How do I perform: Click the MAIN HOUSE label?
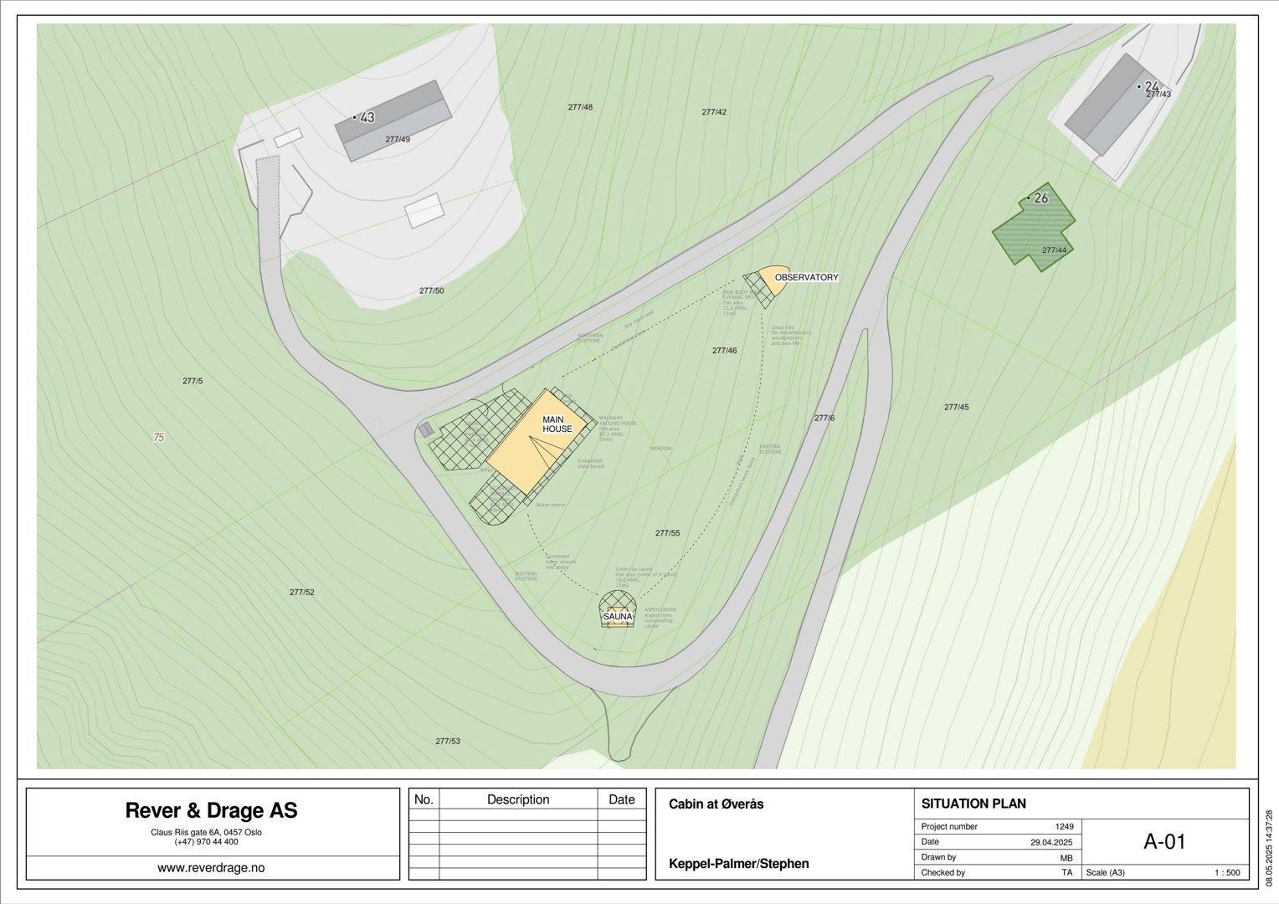(x=557, y=424)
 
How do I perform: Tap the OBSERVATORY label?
(x=806, y=277)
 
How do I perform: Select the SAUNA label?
(x=618, y=617)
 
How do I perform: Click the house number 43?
(x=367, y=118)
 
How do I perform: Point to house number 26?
(x=1040, y=198)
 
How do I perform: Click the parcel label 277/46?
(x=724, y=351)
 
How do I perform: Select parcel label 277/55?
(x=667, y=533)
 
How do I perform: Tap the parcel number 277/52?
(x=302, y=592)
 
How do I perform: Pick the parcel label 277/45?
(x=956, y=408)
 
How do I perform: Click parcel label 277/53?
(x=448, y=741)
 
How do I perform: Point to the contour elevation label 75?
(x=159, y=437)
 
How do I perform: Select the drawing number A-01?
(x=1164, y=842)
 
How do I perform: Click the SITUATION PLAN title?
(x=973, y=804)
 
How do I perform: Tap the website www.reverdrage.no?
(x=211, y=868)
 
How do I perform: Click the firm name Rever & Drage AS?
(x=211, y=810)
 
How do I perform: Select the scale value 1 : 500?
(x=1227, y=873)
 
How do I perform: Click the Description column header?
(x=518, y=799)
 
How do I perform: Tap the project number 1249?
(x=1064, y=826)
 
